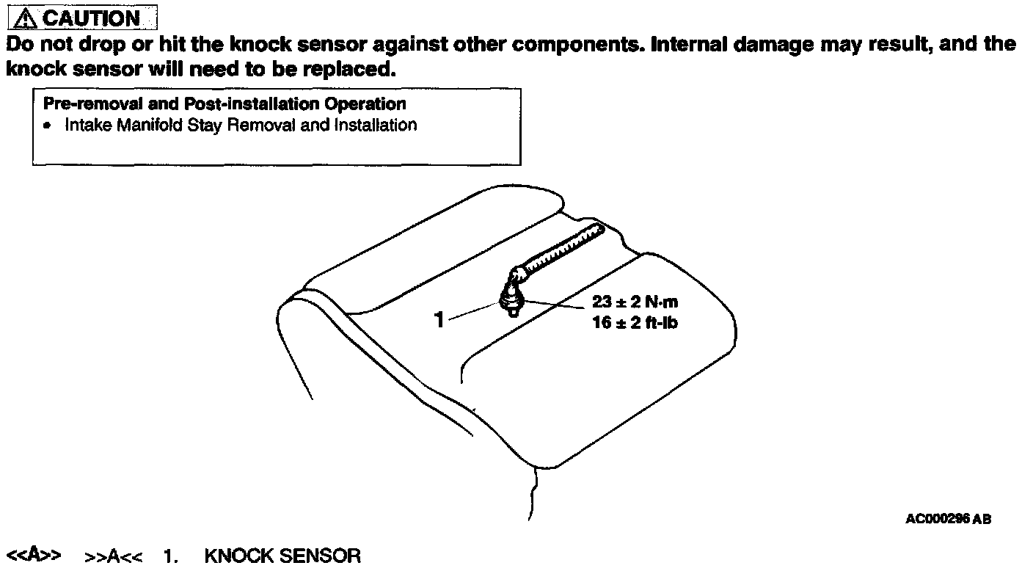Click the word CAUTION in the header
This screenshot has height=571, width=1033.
click(92, 18)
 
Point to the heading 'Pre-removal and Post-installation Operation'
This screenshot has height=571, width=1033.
click(225, 103)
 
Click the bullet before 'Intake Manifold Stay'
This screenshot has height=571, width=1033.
click(48, 126)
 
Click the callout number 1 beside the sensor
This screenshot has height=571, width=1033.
click(439, 320)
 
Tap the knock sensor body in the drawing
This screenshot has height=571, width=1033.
click(510, 299)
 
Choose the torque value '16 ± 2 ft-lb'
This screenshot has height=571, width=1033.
click(635, 322)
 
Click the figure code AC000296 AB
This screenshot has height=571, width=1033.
click(948, 519)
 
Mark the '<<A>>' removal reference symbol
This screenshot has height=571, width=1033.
click(33, 556)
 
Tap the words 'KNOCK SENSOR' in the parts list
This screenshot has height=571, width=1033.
click(282, 556)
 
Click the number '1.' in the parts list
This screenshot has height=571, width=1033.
click(171, 556)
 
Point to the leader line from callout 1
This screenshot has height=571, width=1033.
click(471, 313)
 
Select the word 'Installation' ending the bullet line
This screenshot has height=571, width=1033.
click(375, 125)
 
